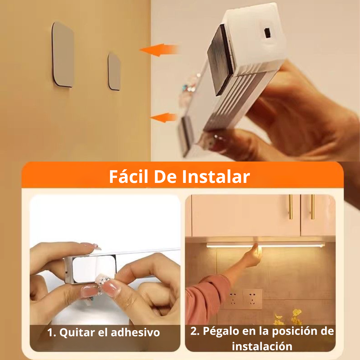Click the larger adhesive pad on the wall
click(63, 55)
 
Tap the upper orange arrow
click(158, 50)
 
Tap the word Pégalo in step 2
click(219, 331)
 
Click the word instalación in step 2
click(262, 346)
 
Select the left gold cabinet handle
click(291, 207)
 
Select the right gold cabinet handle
click(312, 207)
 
